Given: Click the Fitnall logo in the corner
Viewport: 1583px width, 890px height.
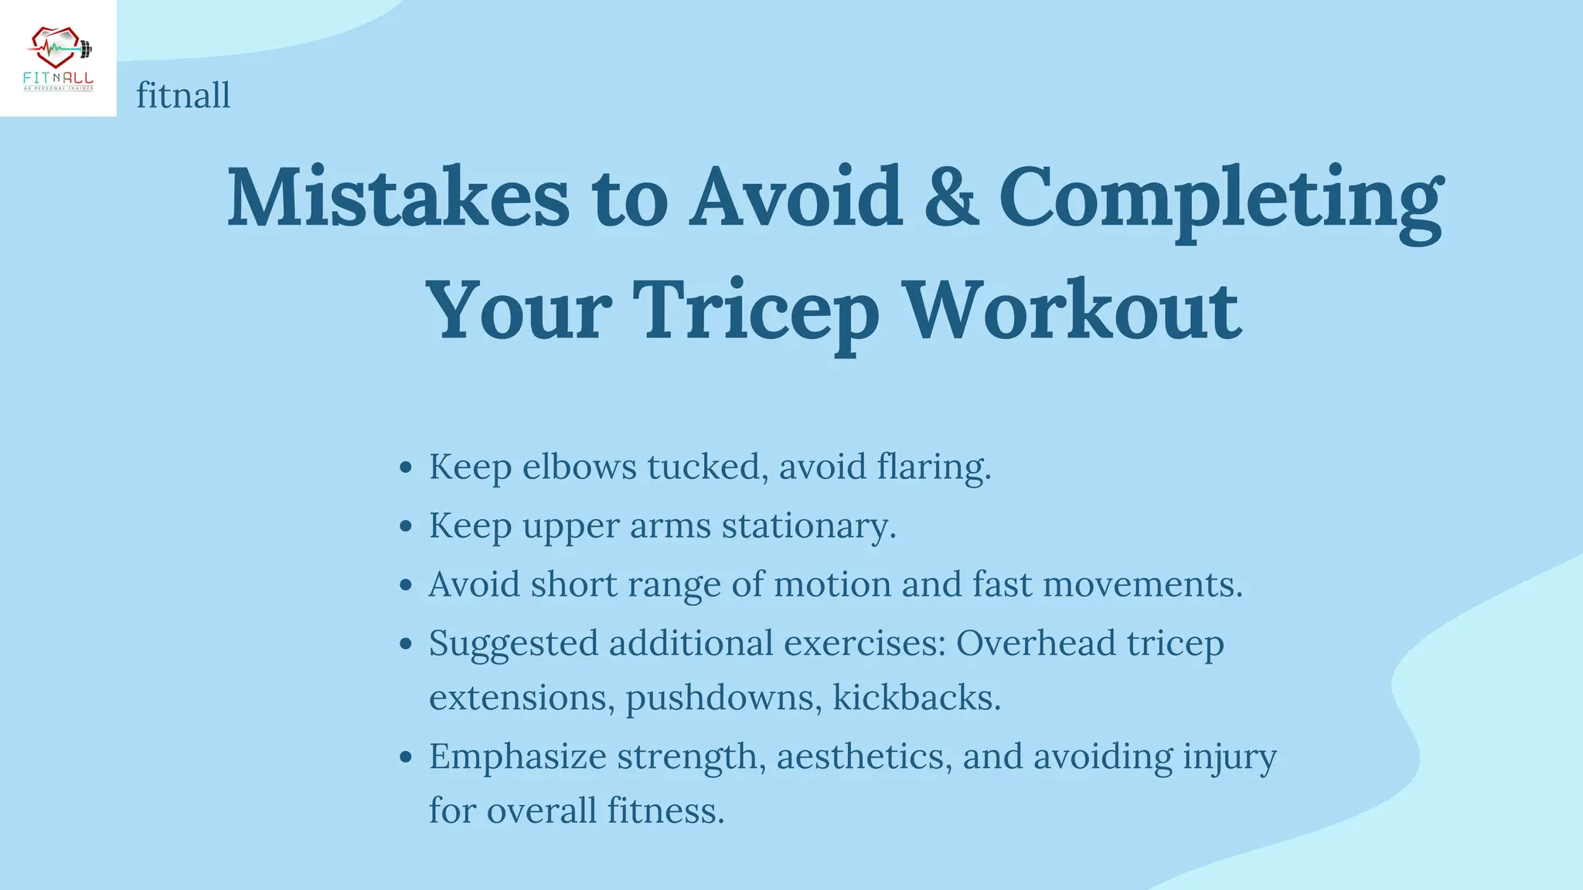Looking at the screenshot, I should [x=58, y=59].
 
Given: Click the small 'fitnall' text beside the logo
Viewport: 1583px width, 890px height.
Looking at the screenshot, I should [x=183, y=96].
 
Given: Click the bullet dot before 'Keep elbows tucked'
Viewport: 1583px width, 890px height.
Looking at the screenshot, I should [x=407, y=467].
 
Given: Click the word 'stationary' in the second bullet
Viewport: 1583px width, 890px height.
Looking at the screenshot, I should [x=808, y=526].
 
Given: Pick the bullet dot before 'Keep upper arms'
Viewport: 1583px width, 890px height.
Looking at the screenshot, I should [x=407, y=527].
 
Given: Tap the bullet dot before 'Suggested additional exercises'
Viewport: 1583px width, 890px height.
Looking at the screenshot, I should [x=407, y=644].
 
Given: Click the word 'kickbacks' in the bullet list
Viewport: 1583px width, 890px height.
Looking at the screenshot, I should [x=916, y=698].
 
